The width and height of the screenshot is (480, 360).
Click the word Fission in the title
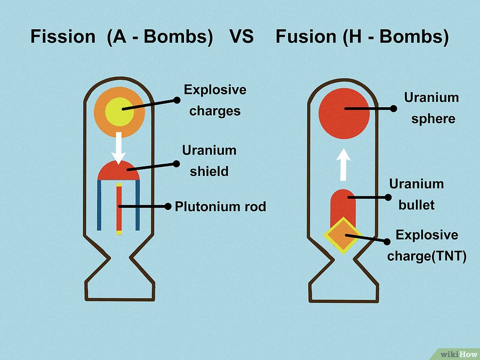point(63,37)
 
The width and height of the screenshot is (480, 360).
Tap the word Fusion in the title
point(306,37)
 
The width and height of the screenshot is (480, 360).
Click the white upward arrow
point(344,164)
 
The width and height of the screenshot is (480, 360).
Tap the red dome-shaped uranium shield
point(118,171)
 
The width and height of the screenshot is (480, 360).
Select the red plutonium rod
point(119,211)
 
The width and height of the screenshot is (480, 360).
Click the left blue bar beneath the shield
point(99,205)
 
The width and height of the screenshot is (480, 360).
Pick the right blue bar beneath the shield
point(138,205)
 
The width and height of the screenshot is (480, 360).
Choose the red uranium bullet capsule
point(344,205)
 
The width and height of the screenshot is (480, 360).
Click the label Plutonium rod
point(220,206)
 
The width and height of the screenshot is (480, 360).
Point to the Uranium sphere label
point(431,108)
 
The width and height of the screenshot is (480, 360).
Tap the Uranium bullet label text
point(417,194)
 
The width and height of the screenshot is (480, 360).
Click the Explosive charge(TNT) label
point(427,245)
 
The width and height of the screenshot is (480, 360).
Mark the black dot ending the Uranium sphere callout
point(394,108)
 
